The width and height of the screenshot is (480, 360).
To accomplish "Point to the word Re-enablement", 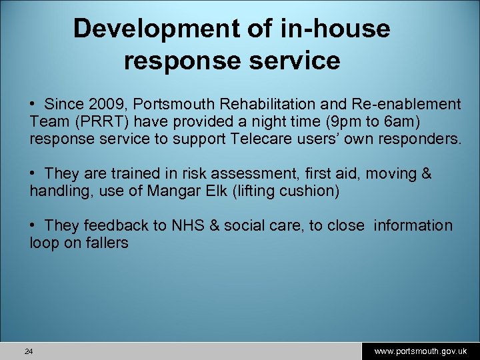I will tap(409, 105).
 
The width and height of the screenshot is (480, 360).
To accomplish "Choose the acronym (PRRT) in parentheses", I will tap(91, 122).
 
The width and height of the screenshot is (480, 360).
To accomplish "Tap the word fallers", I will tap(105, 243).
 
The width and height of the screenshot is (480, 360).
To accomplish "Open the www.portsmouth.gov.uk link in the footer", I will tap(421, 351).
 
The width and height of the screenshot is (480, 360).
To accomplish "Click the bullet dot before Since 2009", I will tap(33, 105).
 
